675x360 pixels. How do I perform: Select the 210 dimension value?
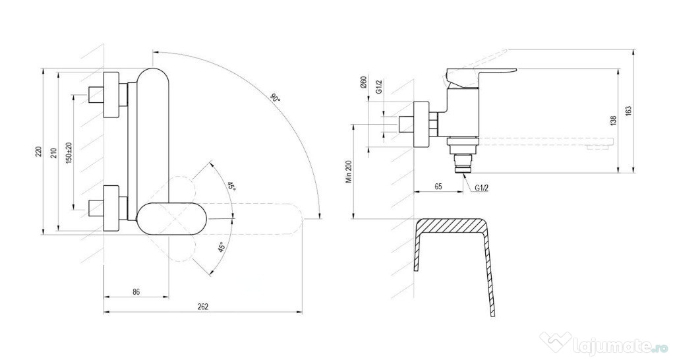tap(54, 153)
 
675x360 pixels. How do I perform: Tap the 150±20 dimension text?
tap(69, 152)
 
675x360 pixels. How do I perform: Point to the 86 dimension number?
tap(136, 291)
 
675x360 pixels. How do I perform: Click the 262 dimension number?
tap(203, 307)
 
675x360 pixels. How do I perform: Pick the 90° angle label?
tap(275, 98)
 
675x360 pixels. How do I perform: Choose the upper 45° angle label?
tap(231, 187)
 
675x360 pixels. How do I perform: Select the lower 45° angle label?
tap(222, 247)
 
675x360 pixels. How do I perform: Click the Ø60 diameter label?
tap(363, 82)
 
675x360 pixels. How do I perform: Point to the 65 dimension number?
tap(438, 187)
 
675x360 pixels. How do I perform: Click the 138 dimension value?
tap(614, 120)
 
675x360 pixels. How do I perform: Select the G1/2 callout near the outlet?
tap(482, 188)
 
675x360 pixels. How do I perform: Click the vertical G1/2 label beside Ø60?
tap(379, 86)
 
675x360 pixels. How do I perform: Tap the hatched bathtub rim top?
tap(452, 225)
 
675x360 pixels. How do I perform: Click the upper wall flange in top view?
tap(111, 94)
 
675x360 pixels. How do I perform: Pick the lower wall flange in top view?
tap(111, 209)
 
